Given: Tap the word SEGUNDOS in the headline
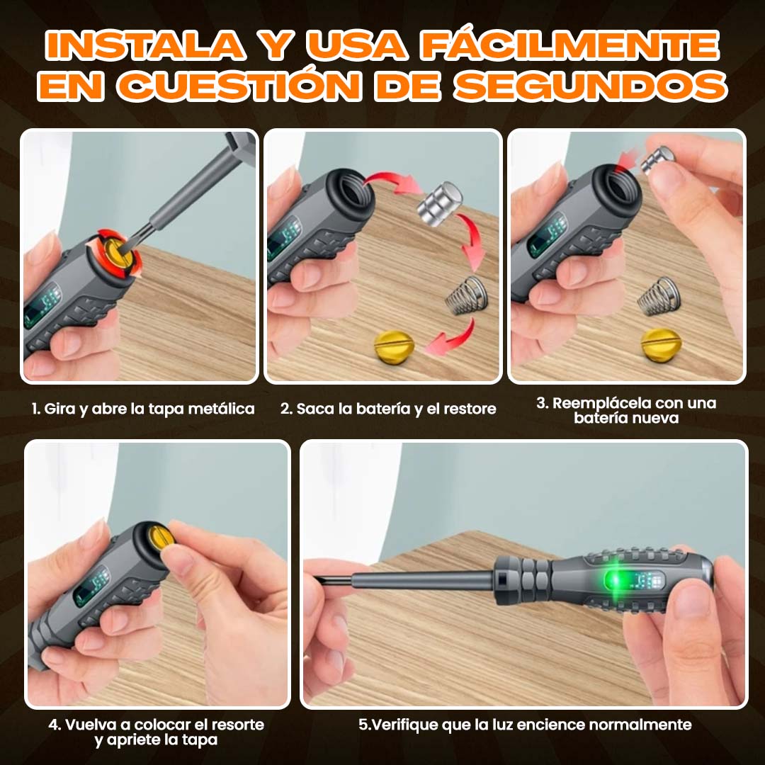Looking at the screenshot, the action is tap(591, 86).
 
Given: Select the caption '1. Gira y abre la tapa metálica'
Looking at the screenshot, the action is tap(143, 409).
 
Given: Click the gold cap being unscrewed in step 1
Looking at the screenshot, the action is tap(117, 253).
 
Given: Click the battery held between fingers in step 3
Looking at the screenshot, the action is tap(657, 157).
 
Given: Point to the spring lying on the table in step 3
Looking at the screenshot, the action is tap(659, 296).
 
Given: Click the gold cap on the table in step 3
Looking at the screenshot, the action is tap(661, 344).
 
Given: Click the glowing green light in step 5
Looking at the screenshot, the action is tap(616, 580).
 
